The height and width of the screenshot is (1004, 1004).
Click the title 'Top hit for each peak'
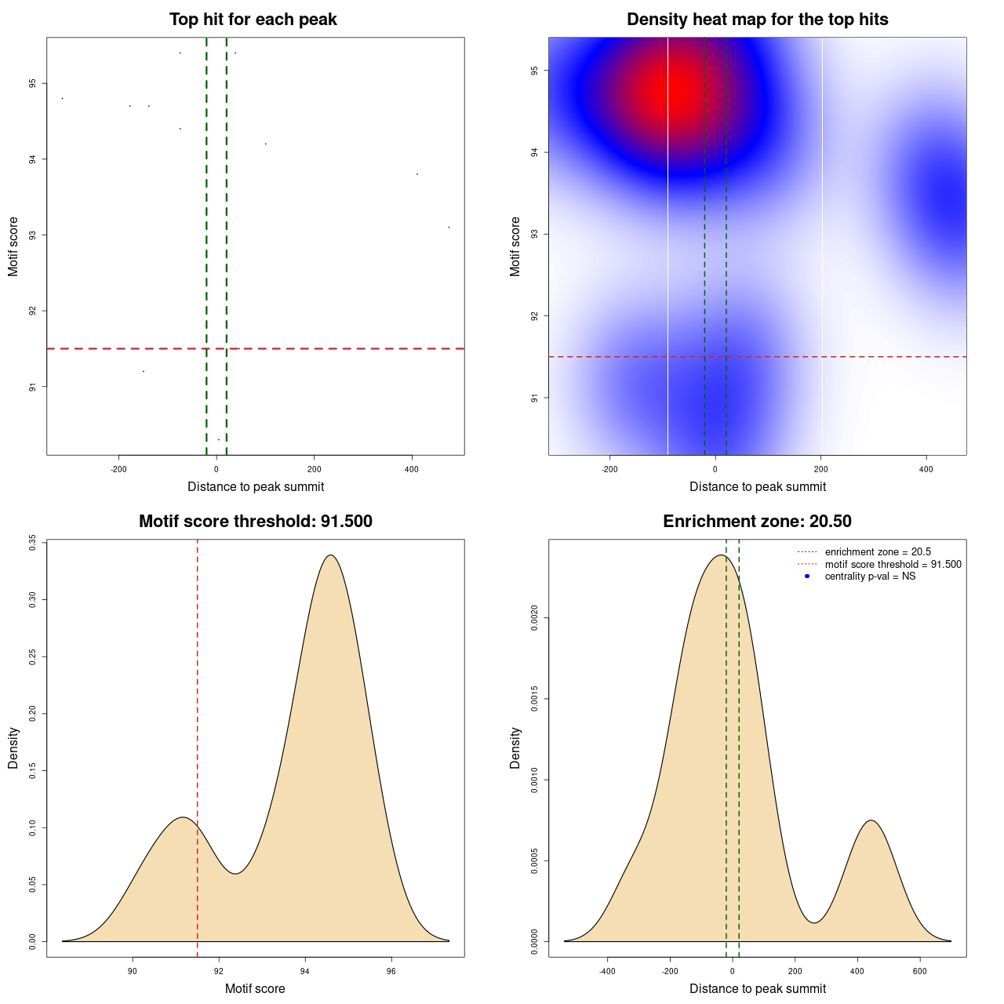coord(253,20)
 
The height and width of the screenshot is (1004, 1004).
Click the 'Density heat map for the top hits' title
coord(757,20)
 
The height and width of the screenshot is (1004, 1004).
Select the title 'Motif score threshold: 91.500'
coord(255,522)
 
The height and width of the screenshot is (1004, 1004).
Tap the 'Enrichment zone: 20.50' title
coord(757,522)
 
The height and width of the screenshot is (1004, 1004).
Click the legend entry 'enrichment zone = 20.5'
coord(878,552)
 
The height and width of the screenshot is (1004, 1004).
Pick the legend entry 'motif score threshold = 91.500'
coord(893,565)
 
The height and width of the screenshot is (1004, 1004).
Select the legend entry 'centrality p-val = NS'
coord(870,577)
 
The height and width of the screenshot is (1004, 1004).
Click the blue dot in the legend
coord(807,577)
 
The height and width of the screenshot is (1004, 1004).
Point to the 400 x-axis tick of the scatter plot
coord(412,469)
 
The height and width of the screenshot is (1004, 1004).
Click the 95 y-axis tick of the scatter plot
coord(33,84)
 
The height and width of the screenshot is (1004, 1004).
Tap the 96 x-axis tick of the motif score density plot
coord(391,971)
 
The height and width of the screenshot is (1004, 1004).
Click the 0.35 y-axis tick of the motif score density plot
coord(33,543)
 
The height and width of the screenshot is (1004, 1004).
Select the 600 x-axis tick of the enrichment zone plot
coord(920,971)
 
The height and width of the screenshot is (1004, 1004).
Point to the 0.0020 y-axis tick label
coord(535,618)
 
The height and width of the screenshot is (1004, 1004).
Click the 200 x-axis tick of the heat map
coord(820,469)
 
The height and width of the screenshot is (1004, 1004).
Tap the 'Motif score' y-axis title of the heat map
coord(515,246)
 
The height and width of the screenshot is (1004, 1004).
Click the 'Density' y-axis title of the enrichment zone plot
coord(515,748)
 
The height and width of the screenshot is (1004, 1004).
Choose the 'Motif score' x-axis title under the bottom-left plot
coord(255,988)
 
